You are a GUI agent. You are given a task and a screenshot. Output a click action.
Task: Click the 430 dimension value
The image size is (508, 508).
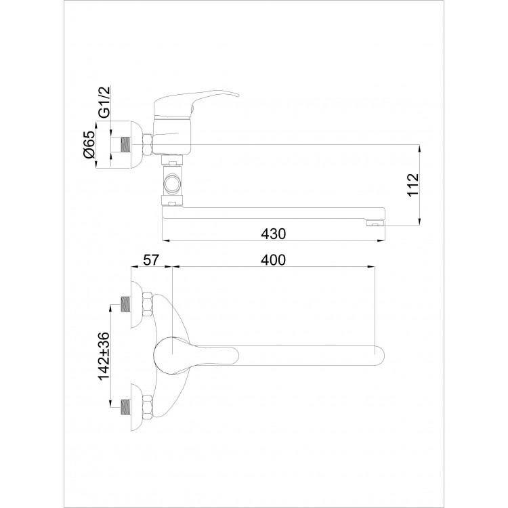(x=274, y=234)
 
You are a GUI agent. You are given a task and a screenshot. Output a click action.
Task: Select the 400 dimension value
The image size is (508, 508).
(x=274, y=260)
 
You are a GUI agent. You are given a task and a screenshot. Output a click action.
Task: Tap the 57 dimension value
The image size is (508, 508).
(x=151, y=260)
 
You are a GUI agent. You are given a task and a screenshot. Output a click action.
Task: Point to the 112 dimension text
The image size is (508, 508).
(x=413, y=185)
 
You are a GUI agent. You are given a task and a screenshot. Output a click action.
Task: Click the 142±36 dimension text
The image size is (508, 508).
(x=104, y=356)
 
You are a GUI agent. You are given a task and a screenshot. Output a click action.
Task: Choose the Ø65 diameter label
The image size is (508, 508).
(x=89, y=144)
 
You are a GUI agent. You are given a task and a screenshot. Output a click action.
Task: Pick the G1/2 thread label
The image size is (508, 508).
(x=104, y=101)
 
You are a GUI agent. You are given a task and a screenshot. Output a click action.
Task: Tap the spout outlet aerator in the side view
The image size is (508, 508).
(x=375, y=224)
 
